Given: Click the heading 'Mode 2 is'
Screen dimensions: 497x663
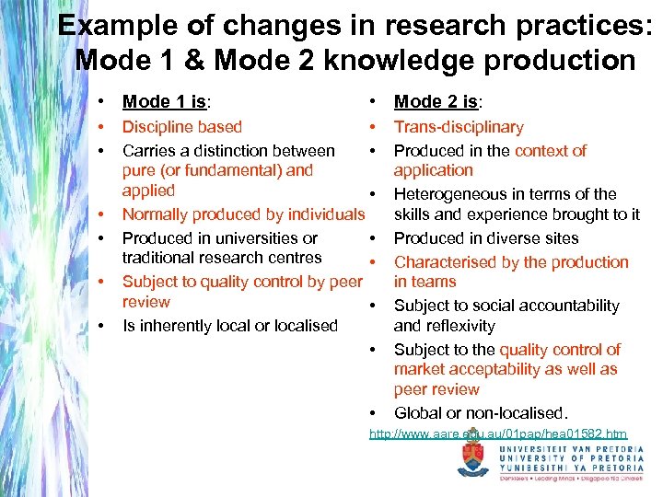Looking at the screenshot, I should tap(436, 102).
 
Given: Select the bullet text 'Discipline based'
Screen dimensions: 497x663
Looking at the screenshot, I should tap(182, 127).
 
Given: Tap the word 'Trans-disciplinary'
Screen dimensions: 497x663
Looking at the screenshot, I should tap(459, 127).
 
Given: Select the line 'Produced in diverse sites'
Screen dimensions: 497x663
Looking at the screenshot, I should tap(486, 238).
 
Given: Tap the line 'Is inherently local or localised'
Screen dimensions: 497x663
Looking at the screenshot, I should tap(230, 325).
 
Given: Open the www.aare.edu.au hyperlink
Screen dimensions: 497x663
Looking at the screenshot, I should tap(498, 433).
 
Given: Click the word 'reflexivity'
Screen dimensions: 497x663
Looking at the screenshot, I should tap(444, 326).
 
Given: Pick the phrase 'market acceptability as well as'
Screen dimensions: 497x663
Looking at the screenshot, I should tap(506, 369).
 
